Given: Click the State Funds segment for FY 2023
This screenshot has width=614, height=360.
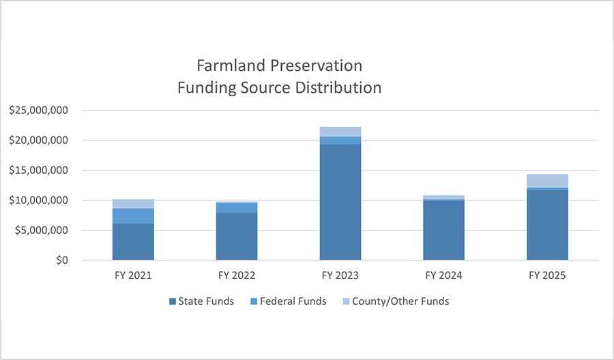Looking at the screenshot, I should pos(340,202).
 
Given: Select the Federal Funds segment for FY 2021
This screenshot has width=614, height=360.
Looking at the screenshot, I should pos(133,216).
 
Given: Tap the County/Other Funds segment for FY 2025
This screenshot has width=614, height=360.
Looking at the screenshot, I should pos(547,181).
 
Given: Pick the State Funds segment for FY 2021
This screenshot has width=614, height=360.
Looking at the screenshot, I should pos(133,241).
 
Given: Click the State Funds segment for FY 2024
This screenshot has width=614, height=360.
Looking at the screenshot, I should pos(444,230).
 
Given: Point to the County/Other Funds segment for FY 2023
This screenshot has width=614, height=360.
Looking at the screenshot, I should pos(340,132).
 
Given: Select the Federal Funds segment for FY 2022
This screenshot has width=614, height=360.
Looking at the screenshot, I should pos(237,208).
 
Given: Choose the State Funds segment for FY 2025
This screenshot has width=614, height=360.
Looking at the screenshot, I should pos(547,224).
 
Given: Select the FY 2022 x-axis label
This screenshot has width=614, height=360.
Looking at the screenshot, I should pos(237,276).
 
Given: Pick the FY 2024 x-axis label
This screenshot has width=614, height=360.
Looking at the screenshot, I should pos(444,276).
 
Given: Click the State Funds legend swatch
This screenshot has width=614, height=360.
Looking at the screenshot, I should pos(172,301).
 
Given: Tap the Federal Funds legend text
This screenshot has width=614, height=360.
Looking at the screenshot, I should pos(294,301).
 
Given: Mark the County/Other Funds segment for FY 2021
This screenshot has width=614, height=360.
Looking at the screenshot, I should pos(133,204).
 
